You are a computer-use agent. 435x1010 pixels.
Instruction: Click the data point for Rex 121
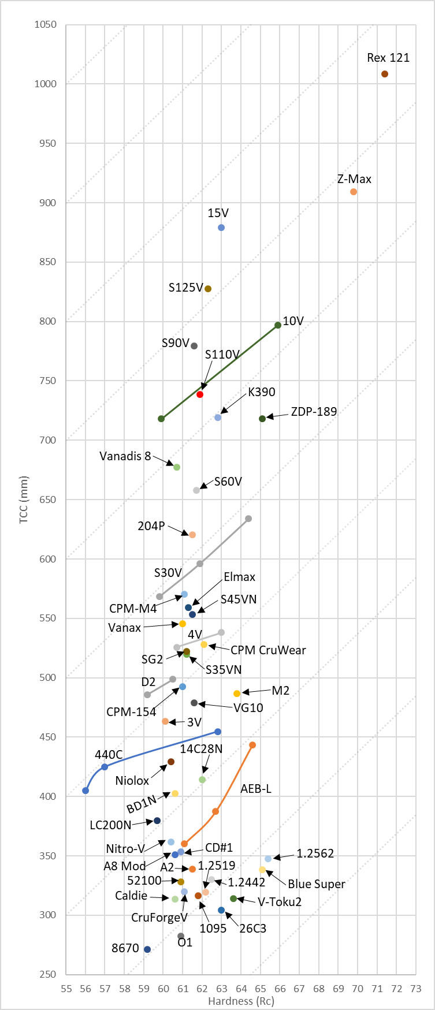385,74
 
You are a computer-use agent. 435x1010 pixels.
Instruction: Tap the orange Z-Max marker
354,192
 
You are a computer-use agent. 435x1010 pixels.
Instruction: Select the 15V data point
221,228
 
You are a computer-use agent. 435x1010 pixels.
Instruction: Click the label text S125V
185,288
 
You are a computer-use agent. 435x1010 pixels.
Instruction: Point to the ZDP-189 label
314,412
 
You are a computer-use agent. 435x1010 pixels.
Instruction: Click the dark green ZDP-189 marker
262,419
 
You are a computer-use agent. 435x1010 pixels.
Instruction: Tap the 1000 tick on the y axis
46,84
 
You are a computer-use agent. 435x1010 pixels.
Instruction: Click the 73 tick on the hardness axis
416,989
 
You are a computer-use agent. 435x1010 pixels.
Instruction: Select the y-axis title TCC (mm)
24,500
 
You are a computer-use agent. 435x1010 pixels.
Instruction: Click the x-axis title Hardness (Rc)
241,1001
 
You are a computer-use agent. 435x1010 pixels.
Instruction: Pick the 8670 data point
147,949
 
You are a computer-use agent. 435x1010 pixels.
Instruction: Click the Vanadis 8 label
125,456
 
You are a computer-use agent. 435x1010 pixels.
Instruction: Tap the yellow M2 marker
237,694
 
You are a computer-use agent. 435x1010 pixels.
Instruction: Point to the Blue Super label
316,884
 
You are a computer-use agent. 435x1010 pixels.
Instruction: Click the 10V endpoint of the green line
278,325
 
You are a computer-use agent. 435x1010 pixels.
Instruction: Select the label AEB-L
256,788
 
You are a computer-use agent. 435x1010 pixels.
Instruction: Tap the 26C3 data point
221,910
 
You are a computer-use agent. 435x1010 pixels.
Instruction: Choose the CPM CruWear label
268,650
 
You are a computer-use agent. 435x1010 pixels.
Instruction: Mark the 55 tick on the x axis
66,989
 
